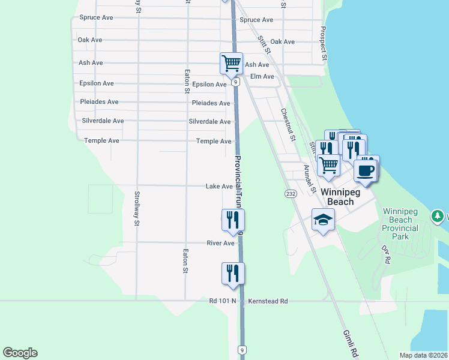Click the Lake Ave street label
click(219, 187)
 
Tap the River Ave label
click(220, 243)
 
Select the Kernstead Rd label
click(268, 301)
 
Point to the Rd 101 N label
click(223, 301)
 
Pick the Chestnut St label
click(288, 124)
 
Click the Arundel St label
click(310, 179)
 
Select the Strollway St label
click(137, 208)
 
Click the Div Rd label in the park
click(386, 254)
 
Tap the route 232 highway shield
click(291, 194)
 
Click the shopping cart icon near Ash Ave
click(231, 62)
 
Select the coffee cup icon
click(366, 170)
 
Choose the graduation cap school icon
click(323, 220)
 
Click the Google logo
click(20, 353)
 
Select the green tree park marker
click(438, 216)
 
